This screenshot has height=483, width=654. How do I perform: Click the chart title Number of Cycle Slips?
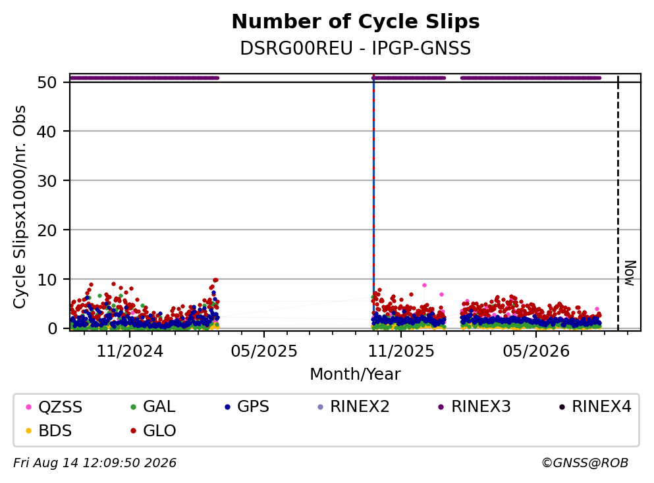[356, 22]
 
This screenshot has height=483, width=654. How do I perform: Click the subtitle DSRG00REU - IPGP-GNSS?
[356, 48]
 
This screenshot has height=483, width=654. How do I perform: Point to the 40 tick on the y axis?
[47, 132]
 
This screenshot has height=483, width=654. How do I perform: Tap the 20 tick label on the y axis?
[47, 230]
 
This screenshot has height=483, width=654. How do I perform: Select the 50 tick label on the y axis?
[47, 82]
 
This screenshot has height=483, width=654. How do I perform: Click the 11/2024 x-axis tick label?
[130, 351]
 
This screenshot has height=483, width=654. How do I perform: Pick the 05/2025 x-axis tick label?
[264, 351]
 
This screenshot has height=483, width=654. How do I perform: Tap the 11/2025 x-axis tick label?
[401, 351]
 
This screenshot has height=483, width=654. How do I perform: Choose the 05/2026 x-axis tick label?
[536, 351]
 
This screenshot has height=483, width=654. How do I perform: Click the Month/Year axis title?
[356, 374]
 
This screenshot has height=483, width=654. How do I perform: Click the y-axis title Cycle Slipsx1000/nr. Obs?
[20, 207]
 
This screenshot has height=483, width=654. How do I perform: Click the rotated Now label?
[630, 273]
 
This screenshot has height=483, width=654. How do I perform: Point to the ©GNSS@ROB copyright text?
[585, 463]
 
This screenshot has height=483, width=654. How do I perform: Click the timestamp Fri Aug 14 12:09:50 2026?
[95, 463]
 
